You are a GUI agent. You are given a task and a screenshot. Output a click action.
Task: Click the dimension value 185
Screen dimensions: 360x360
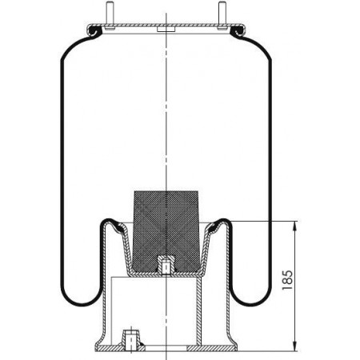[287, 280]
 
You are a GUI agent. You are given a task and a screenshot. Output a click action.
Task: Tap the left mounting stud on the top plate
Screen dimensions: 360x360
[110, 14]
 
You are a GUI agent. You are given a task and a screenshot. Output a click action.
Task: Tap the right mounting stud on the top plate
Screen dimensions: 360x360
[222, 14]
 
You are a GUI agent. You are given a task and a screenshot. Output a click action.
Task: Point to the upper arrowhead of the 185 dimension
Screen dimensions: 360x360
[294, 226]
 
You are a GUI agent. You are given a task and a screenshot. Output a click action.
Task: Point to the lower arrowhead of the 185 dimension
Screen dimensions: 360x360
[294, 346]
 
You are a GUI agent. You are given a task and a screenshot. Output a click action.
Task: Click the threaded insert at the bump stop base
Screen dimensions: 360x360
[166, 265]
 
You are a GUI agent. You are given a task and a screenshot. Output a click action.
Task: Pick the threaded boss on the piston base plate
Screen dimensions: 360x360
[130, 339]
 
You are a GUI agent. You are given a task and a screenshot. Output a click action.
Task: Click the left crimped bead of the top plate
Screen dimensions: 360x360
[94, 30]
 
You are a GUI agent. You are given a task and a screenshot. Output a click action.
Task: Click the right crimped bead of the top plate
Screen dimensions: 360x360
[238, 30]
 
